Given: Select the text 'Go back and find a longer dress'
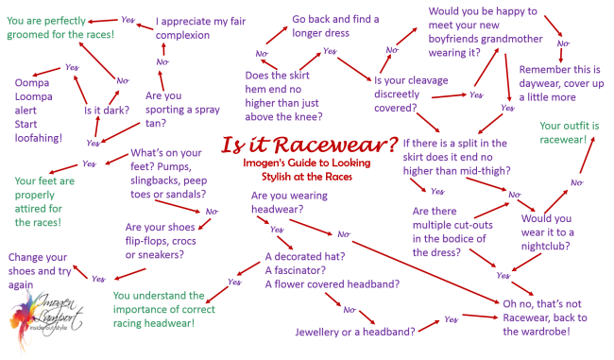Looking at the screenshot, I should tap(335, 26).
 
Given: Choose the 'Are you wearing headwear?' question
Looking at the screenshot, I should tap(288, 201).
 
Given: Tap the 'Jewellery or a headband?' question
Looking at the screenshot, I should tap(354, 332).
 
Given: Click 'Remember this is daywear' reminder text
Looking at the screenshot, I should tap(563, 82).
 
